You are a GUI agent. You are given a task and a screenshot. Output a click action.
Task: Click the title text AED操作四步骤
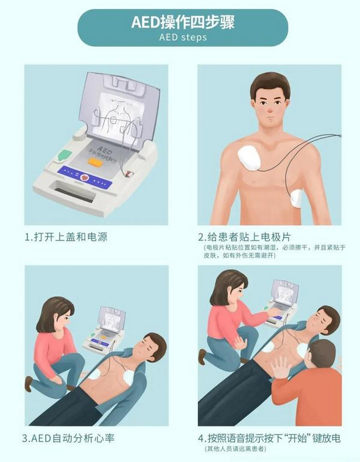coord(182,22)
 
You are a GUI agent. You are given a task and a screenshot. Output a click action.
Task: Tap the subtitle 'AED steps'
coord(182,37)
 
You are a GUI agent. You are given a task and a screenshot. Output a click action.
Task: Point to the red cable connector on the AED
coord(131,173)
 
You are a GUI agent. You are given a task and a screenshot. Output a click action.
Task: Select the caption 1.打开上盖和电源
coord(66,237)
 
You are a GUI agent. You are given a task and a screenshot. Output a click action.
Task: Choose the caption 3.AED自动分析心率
coord(69,439)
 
